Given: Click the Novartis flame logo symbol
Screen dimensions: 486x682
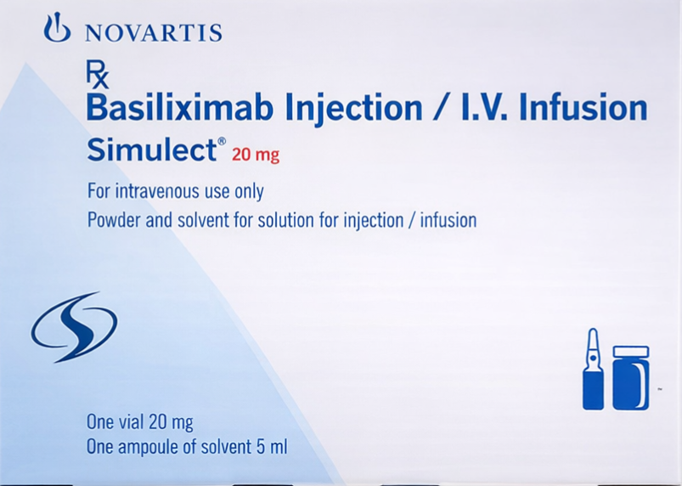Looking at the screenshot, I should tap(58, 29).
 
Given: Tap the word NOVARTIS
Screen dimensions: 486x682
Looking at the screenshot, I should tap(154, 33).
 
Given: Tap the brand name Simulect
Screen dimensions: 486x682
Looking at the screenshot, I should tap(151, 150).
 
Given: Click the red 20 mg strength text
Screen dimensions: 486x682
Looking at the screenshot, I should tap(256, 155).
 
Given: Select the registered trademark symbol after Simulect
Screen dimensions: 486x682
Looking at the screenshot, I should tap(222, 141).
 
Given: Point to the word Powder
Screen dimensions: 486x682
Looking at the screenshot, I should tap(114, 221).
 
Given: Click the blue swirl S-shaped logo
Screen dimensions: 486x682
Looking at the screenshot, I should tap(74, 326).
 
